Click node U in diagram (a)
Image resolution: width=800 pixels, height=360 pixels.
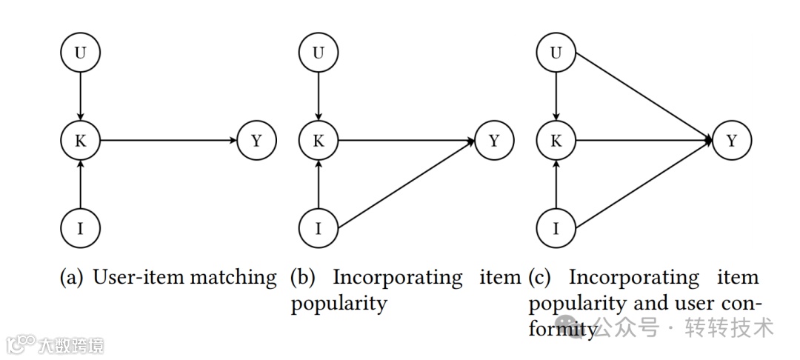click(x=80, y=53)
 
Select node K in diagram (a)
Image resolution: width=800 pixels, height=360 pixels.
click(x=80, y=140)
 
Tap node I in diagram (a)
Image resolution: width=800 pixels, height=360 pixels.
click(x=80, y=227)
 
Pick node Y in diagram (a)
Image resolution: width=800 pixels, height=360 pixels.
click(x=256, y=140)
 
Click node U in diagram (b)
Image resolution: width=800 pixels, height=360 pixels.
click(x=319, y=53)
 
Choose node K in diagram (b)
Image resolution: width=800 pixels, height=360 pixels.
click(x=319, y=140)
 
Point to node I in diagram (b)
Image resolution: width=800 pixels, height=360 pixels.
click(x=319, y=227)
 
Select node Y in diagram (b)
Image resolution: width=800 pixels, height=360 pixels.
click(x=494, y=140)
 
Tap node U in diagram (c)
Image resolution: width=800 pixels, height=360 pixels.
click(x=556, y=53)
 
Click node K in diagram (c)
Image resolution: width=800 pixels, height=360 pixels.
click(x=556, y=140)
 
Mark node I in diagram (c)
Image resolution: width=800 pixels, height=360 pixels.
click(x=556, y=227)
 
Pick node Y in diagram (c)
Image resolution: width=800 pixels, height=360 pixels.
click(x=732, y=140)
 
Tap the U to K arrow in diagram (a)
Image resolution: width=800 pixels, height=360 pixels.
click(x=80, y=96)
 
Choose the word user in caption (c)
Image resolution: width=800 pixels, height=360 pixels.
click(x=692, y=304)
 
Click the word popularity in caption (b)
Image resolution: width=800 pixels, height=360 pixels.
click(x=339, y=304)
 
